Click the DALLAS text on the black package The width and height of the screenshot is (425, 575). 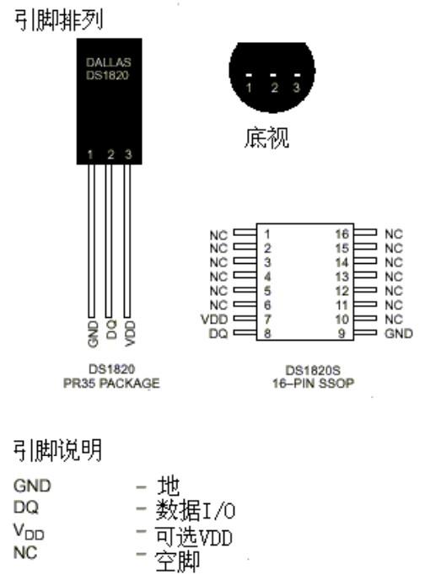click(108, 62)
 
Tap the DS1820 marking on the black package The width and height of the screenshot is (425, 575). click(107, 75)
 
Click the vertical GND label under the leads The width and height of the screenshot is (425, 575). click(93, 334)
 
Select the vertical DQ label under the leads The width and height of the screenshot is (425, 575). click(111, 329)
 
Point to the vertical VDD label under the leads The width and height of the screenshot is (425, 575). click(130, 333)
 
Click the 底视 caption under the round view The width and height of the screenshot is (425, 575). click(266, 137)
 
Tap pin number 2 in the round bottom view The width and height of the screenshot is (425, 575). click(274, 88)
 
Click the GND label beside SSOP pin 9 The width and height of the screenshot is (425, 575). click(399, 333)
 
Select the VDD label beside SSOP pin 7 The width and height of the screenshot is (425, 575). click(214, 319)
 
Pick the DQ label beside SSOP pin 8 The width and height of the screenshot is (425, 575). click(218, 334)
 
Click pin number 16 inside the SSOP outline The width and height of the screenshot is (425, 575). click(342, 234)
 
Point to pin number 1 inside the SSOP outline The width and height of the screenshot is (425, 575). click(267, 234)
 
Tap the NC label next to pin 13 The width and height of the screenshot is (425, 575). click(394, 277)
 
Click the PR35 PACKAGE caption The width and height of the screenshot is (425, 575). click(111, 384)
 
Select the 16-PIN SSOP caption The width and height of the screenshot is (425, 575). click(313, 384)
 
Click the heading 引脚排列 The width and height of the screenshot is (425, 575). click(58, 19)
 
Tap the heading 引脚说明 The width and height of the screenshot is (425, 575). click(57, 450)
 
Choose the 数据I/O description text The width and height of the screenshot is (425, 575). click(196, 510)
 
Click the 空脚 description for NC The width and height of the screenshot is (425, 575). click(177, 561)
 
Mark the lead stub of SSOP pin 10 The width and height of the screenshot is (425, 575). click(365, 319)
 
